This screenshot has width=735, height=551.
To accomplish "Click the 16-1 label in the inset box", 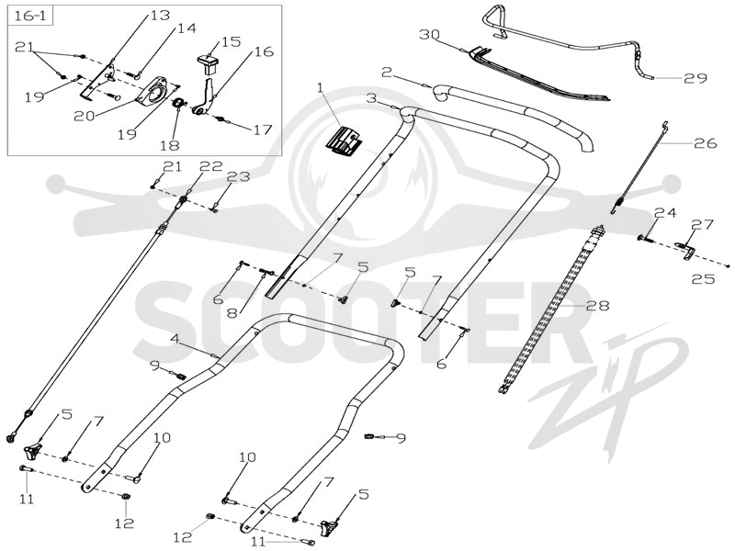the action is (x=31, y=16).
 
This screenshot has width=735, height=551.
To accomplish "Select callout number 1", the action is (x=321, y=87).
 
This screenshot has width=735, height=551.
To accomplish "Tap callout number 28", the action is (x=597, y=306).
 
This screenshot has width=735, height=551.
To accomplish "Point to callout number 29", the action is (x=695, y=78).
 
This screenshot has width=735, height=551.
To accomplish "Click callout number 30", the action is (x=430, y=35).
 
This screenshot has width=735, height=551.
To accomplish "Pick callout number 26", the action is (x=706, y=142).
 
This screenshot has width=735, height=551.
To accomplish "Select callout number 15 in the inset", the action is (x=232, y=41).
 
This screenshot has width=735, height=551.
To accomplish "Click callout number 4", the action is (x=175, y=338).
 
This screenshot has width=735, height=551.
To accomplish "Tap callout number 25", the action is (x=703, y=279).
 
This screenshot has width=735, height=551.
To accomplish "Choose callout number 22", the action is (x=211, y=166).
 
